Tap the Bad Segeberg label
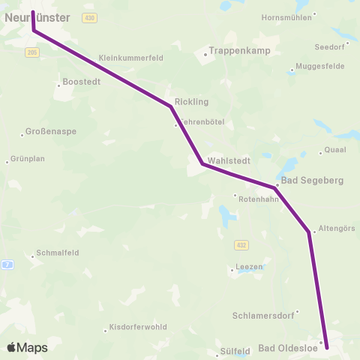[x=311, y=181]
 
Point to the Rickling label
[x=191, y=101]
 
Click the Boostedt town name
[x=82, y=82]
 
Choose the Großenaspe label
[x=52, y=131]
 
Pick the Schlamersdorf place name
[x=265, y=316]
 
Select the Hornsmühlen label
[x=286, y=17]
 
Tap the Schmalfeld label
[x=58, y=253]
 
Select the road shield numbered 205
[x=31, y=52]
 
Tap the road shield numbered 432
[x=240, y=244]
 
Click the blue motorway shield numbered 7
[x=7, y=264]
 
